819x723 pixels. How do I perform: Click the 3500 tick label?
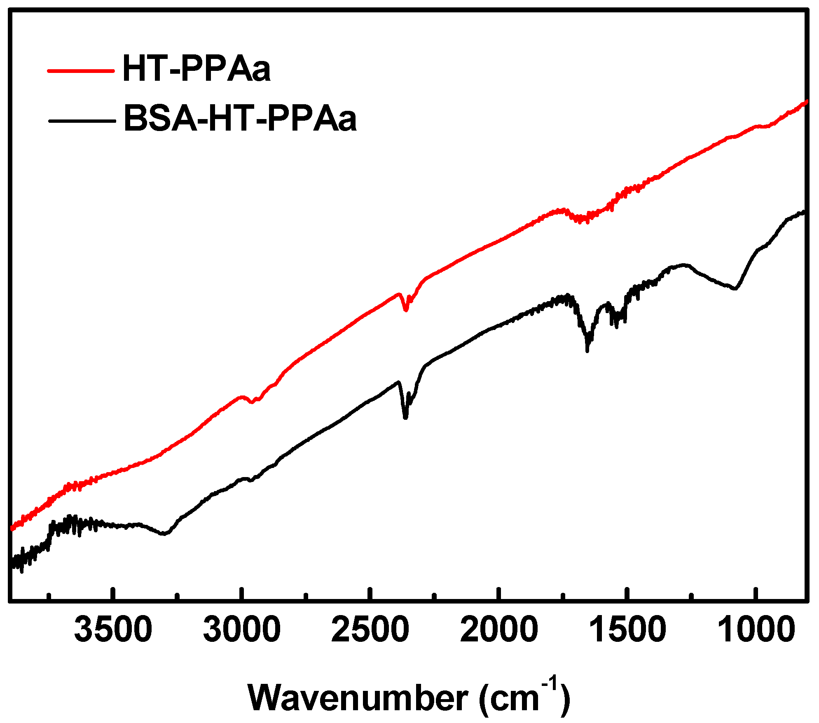[113, 630]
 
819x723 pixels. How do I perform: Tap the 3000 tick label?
[242, 630]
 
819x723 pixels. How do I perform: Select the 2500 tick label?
[370, 630]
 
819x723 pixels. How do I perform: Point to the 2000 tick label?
[499, 630]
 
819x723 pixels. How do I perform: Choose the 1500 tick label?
[627, 630]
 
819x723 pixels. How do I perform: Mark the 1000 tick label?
[756, 630]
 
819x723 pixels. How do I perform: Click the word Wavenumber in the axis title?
[358, 698]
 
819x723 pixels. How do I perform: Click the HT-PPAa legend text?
[197, 69]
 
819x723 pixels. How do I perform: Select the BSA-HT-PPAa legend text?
[240, 119]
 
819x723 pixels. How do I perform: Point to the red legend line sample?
[81, 71]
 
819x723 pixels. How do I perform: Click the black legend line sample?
[82, 121]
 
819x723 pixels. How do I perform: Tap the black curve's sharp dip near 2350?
[405, 418]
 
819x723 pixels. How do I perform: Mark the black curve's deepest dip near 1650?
[587, 351]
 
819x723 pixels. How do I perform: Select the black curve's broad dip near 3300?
[164, 534]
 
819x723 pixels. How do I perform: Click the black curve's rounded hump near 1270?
[684, 265]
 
